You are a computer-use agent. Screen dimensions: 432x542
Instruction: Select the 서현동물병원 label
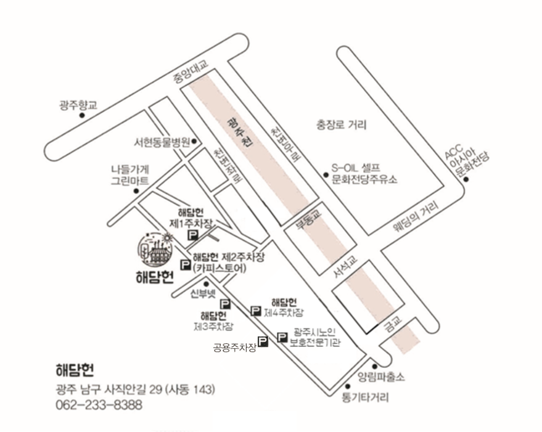coord(162,141)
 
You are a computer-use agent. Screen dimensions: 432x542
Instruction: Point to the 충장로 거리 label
coord(341,125)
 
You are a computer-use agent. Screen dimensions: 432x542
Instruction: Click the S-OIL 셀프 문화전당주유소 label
coord(364,174)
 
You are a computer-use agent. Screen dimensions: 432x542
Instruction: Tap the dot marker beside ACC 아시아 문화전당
coord(467,180)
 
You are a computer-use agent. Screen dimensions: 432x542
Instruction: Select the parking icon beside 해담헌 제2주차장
coord(184,264)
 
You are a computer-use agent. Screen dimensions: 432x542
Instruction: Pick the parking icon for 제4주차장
coord(256,310)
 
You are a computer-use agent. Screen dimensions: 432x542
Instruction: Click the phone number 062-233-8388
coord(99,405)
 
